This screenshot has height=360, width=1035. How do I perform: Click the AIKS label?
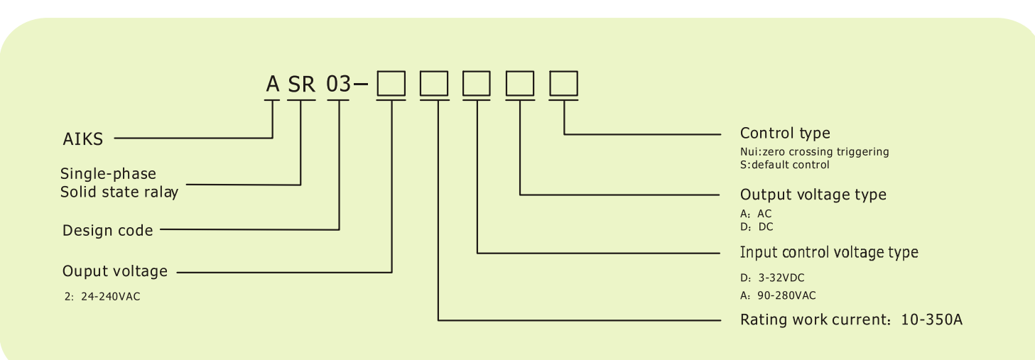pyautogui.click(x=83, y=139)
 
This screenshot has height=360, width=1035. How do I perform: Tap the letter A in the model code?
pyautogui.click(x=273, y=84)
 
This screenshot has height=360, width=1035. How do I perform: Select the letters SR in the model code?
pyautogui.click(x=301, y=84)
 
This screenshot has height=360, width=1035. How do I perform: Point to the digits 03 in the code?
pyautogui.click(x=339, y=84)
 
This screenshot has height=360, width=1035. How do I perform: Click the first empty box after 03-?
pyautogui.click(x=391, y=84)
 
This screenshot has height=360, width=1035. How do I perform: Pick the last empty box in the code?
pyautogui.click(x=563, y=84)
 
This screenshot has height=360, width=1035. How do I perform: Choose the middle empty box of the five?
pyautogui.click(x=477, y=84)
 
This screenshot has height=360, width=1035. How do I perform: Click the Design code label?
pyautogui.click(x=107, y=230)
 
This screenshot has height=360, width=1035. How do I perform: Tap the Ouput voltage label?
pyautogui.click(x=115, y=271)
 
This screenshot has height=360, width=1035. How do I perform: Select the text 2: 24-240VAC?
pyautogui.click(x=102, y=297)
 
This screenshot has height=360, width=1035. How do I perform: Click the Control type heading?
pyautogui.click(x=784, y=133)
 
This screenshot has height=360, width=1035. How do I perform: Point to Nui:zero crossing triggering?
pyautogui.click(x=814, y=152)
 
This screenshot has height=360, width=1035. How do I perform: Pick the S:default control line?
pyautogui.click(x=784, y=165)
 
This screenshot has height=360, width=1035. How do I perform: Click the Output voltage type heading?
pyautogui.click(x=813, y=195)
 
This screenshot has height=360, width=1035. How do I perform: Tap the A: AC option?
pyautogui.click(x=756, y=214)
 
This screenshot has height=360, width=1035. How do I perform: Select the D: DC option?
pyautogui.click(x=756, y=227)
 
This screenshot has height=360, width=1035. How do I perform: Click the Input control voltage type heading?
pyautogui.click(x=828, y=253)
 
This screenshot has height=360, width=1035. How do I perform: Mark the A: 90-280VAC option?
pyautogui.click(x=777, y=295)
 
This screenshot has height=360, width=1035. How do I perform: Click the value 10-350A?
pyautogui.click(x=931, y=320)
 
